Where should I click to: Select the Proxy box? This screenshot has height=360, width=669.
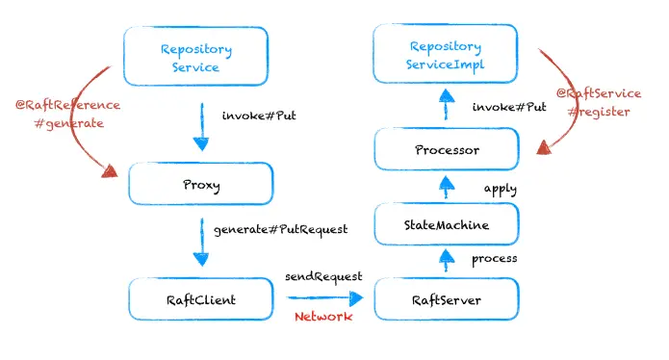pyautogui.click(x=196, y=183)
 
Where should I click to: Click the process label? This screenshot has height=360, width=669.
pyautogui.click(x=495, y=259)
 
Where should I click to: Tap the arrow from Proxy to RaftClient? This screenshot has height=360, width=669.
pyautogui.click(x=200, y=243)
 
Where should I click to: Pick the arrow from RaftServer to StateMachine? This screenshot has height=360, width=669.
pyautogui.click(x=445, y=260)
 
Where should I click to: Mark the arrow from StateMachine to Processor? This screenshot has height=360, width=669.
pyautogui.click(x=445, y=188)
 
